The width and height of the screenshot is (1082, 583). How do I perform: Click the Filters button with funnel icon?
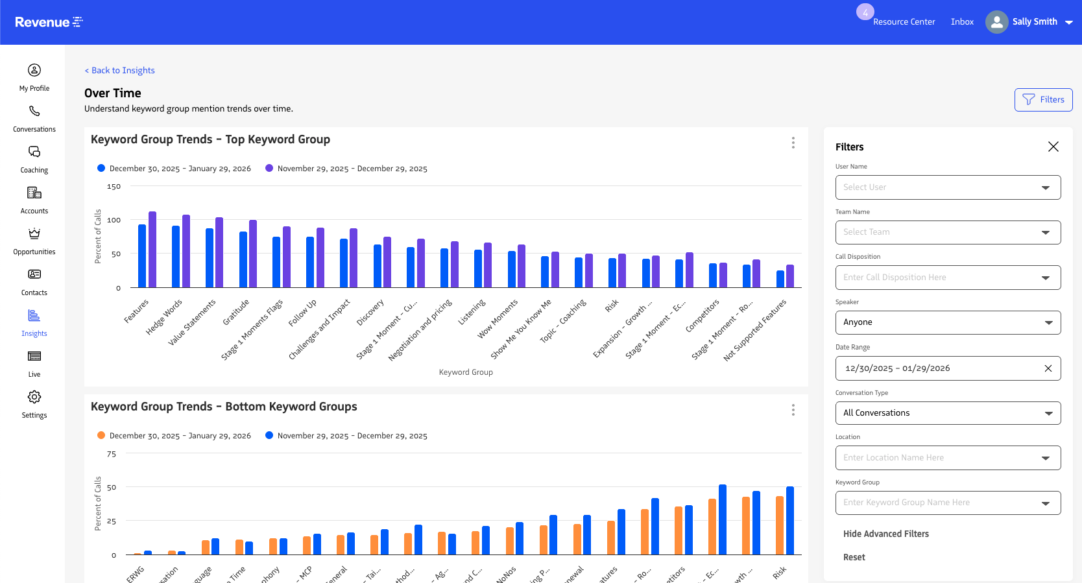1043,100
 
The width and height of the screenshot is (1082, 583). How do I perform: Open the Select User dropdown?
948,187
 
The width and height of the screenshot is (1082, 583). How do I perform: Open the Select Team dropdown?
948,232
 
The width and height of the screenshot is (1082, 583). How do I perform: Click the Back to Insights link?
120,71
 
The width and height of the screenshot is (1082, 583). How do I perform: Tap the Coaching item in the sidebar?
34,160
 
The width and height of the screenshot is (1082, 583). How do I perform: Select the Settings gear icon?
34,397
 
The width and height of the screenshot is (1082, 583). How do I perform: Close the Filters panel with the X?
1053,147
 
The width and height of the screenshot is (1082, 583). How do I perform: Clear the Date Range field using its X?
1048,368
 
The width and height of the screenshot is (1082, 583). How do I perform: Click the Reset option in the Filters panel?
854,557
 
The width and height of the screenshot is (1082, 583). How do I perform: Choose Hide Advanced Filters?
885,534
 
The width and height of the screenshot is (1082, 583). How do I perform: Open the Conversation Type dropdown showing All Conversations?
948,413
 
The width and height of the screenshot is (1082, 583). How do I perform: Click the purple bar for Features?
152,250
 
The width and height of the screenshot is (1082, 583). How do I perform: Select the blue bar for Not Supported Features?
780,279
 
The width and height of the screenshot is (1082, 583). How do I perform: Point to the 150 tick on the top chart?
114,187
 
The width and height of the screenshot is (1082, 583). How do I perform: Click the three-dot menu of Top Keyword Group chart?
793,143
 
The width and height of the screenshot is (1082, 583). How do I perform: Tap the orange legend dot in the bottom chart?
101,436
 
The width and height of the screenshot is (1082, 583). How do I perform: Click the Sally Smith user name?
1035,21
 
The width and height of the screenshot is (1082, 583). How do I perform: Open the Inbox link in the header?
962,22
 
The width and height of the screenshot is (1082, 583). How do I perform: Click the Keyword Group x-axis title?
466,372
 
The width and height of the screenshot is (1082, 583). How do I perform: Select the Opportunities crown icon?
34,233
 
